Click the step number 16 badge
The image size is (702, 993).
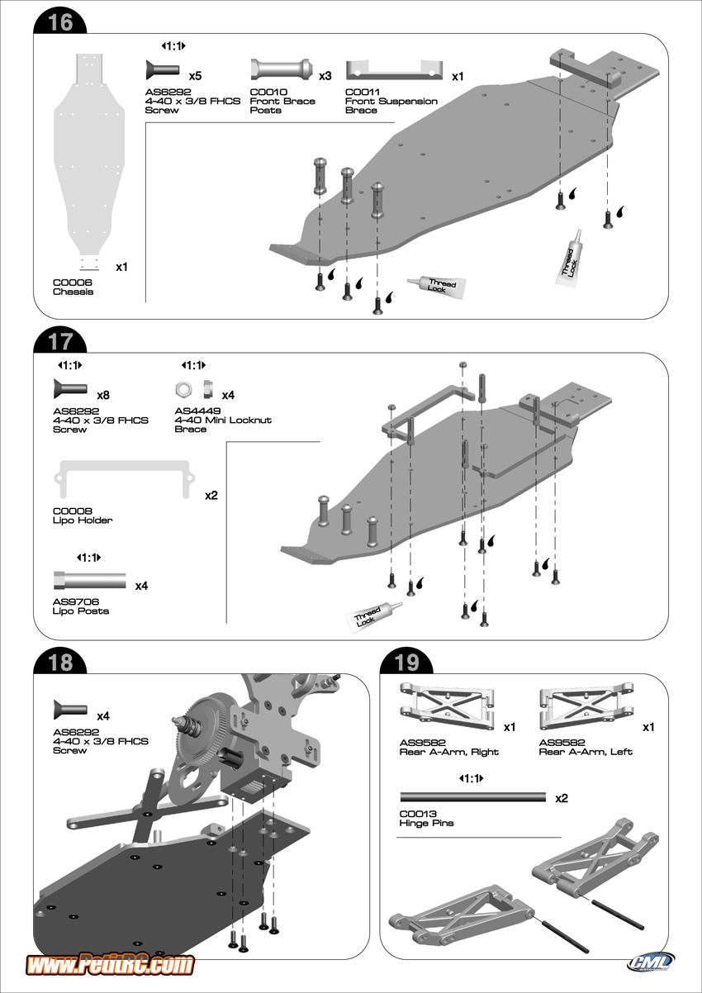(60, 22)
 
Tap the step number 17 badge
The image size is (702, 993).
(60, 340)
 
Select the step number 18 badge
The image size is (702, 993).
(60, 662)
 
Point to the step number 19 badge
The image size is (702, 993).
(407, 662)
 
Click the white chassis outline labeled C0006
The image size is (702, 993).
(88, 157)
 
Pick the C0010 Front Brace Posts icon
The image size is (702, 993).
(281, 68)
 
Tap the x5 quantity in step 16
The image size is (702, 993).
(195, 75)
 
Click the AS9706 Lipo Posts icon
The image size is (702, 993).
(89, 578)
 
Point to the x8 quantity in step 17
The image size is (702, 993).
(103, 395)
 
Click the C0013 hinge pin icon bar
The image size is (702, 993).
(473, 797)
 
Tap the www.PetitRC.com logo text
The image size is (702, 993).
(111, 964)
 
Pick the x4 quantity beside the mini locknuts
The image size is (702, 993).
(228, 395)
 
